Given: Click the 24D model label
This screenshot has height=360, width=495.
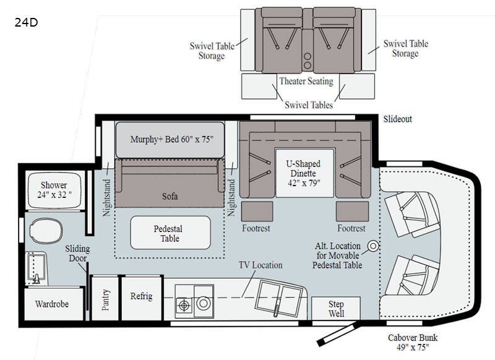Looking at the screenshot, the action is pos(26,22).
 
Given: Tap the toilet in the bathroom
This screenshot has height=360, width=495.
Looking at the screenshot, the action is pos(46,231).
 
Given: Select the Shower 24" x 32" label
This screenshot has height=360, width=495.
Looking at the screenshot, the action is pos(54,190).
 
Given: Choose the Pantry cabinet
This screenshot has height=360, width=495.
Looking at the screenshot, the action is pos(105,299).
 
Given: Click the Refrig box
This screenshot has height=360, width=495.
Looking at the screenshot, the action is pos(142,298).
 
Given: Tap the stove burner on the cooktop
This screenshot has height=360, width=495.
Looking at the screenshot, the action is pos(184,305).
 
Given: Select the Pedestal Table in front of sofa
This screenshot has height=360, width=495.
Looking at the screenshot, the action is pos(171,233).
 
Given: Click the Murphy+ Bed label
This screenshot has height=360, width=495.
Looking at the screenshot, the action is pos(172,139).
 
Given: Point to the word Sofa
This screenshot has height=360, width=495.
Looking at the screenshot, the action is pos(170,196).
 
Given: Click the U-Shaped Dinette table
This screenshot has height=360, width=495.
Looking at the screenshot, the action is pos(304,173).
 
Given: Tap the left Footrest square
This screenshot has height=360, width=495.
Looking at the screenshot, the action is pos(257,212).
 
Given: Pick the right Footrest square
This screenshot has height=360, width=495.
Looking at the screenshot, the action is pos(352,212).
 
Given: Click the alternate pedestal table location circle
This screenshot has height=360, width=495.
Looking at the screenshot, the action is pos(374,246).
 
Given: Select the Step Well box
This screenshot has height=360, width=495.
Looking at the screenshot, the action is pos(336,308).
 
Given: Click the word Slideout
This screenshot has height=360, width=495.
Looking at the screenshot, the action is pos(398,119).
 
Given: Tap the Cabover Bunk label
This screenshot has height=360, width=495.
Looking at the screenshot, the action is pos(413,342).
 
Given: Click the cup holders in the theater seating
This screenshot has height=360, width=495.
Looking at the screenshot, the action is pos(307,61).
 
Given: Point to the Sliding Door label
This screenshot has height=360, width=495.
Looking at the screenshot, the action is pos(77,254).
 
